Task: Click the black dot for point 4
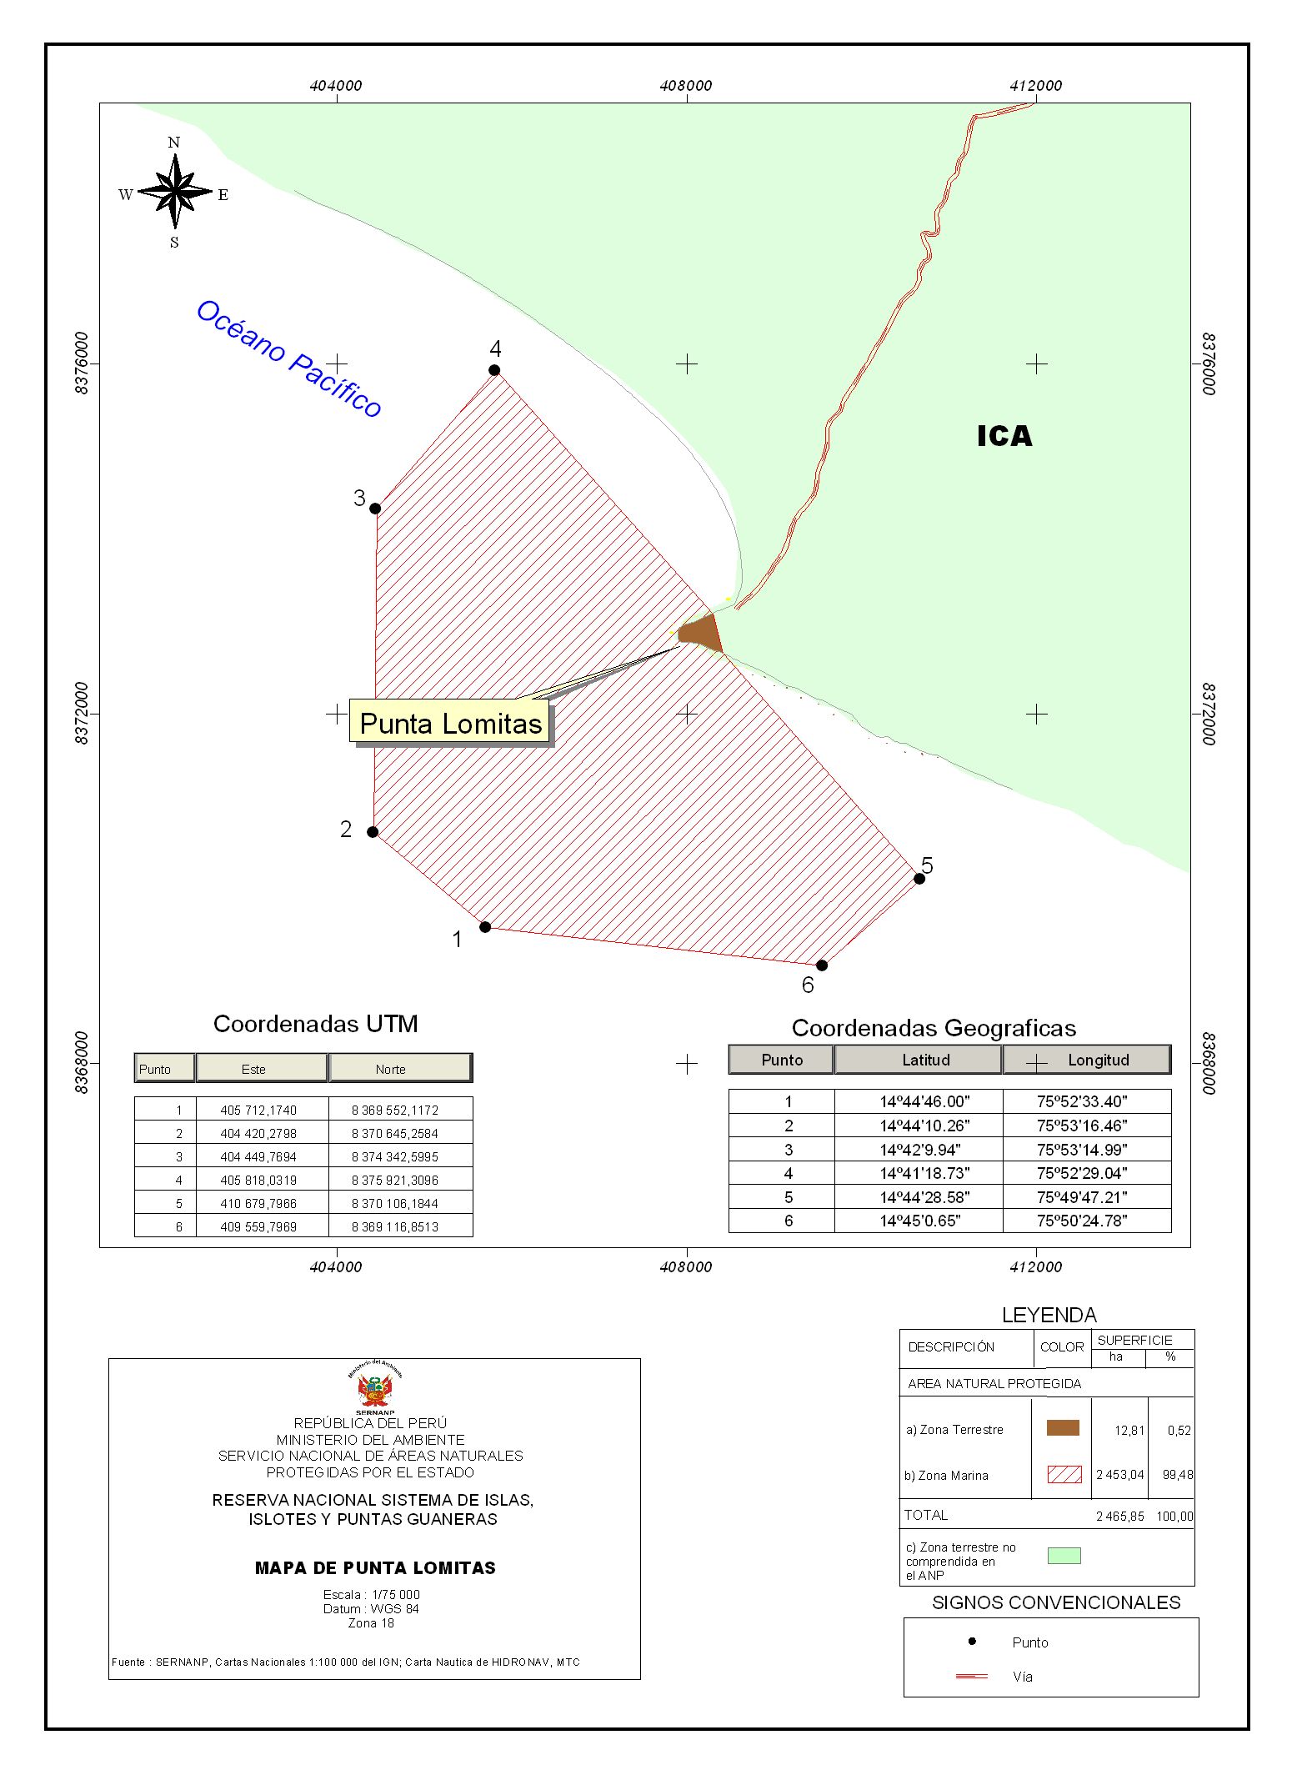494,370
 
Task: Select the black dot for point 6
822,965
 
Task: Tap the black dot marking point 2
373,832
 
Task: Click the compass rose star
175,192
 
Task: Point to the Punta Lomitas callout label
451,723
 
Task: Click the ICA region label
1004,436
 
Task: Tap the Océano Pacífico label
289,359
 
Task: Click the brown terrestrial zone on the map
700,634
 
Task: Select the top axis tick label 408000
686,86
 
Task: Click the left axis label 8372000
82,714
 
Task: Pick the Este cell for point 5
258,1204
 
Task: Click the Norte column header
390,1070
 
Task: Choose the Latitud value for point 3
920,1150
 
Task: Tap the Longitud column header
1099,1060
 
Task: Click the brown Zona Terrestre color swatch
1063,1428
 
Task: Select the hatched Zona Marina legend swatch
1064,1474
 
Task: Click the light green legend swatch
1064,1556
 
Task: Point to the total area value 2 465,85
1119,1517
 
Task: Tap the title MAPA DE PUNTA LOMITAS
375,1568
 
